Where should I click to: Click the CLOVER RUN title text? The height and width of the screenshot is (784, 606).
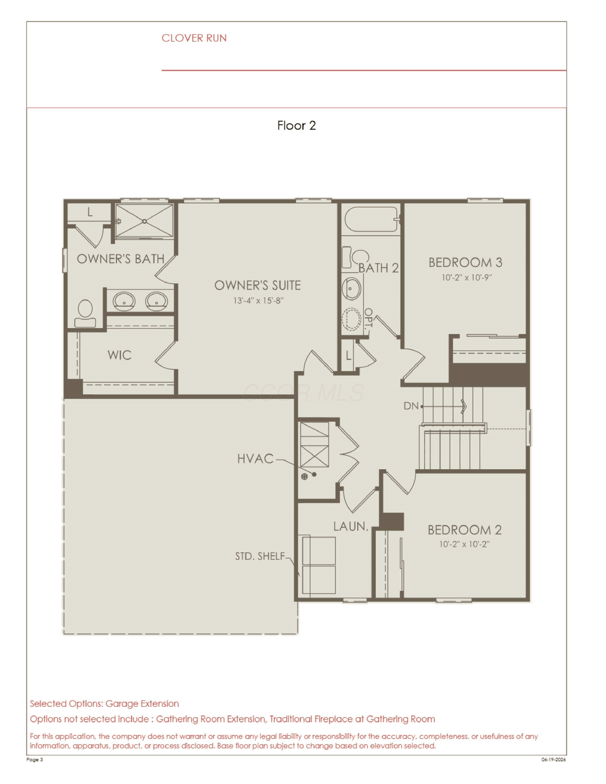[x=194, y=38]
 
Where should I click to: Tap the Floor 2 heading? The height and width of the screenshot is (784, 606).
[x=297, y=125]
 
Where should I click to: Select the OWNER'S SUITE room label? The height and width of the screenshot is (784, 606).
[x=258, y=285]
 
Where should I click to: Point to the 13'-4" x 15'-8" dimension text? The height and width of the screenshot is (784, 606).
[x=258, y=301]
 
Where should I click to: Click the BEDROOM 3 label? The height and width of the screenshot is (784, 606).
[x=465, y=262]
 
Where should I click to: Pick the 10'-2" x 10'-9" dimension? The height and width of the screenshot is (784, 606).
[x=467, y=278]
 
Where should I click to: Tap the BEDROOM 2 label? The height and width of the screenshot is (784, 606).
[x=464, y=530]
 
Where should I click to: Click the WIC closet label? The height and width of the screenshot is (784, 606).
[x=119, y=355]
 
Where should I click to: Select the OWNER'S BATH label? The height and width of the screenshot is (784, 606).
[x=120, y=259]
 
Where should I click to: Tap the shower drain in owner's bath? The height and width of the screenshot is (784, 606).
[x=144, y=221]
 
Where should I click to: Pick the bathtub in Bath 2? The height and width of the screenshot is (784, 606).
[x=371, y=220]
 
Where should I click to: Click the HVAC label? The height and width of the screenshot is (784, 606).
[x=255, y=459]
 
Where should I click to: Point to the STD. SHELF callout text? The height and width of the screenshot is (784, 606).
[x=260, y=556]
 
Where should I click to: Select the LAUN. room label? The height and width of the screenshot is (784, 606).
[x=351, y=526]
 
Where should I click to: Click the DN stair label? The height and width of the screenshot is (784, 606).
[x=411, y=406]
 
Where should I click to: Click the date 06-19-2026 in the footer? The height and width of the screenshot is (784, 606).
[x=553, y=759]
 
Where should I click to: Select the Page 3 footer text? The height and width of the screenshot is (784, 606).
[x=35, y=759]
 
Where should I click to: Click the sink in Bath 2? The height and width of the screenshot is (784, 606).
[x=352, y=289]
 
